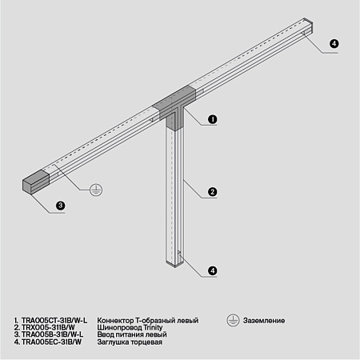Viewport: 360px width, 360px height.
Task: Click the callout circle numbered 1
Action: pyautogui.click(x=213, y=119)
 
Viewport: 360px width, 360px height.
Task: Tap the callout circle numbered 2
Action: pyautogui.click(x=213, y=191)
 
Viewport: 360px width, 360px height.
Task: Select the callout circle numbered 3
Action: pyautogui.click(x=60, y=206)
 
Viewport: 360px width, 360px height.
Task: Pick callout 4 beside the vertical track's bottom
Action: pyautogui.click(x=213, y=270)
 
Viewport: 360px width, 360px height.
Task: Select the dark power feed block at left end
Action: pyautogui.click(x=37, y=182)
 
